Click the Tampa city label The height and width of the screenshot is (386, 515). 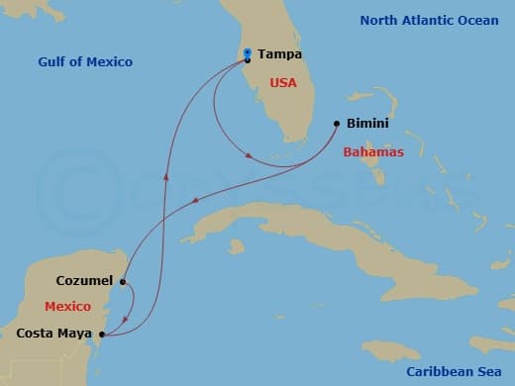click(279, 54)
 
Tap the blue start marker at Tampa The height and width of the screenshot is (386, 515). click(247, 53)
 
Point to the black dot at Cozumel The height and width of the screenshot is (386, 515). click(122, 281)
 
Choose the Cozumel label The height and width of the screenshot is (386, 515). click(84, 281)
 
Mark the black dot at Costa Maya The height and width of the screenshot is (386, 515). click(104, 334)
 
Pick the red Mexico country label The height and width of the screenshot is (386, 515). click(66, 306)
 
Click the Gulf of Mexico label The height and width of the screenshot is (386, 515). click(85, 62)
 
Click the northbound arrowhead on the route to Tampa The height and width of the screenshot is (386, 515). click(166, 179)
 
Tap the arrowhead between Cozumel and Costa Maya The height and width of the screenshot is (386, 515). click(124, 319)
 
